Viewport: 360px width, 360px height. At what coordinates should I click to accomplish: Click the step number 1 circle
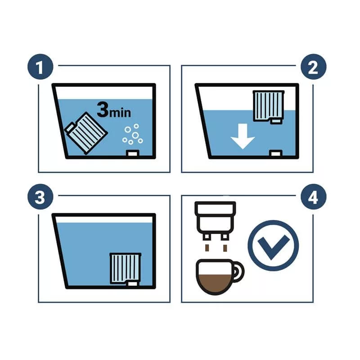point(40,67)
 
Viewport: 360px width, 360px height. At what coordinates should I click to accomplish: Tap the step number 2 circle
point(313,67)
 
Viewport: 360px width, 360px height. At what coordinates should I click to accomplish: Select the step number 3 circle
point(40,197)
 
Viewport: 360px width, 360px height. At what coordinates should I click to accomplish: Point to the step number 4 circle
point(313,197)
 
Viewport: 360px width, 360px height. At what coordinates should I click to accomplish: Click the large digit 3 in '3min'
point(103,109)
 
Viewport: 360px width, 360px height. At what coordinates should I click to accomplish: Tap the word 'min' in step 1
point(120,112)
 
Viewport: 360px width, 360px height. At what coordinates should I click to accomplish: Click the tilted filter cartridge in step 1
point(86,133)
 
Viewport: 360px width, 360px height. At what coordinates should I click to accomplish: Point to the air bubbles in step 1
point(133,134)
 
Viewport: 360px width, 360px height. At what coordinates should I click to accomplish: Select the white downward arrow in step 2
point(243,136)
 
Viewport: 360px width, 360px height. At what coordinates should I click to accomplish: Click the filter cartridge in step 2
point(268,107)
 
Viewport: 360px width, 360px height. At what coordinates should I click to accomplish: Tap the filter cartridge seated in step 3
point(126,269)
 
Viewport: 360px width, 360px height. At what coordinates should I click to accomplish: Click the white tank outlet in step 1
point(133,153)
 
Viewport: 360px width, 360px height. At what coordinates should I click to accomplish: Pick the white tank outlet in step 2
point(276,153)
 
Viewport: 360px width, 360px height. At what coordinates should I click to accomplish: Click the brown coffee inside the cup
point(215,283)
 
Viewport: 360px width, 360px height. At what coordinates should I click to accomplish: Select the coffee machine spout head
point(215,220)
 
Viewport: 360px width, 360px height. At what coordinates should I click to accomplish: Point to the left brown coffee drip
point(207,248)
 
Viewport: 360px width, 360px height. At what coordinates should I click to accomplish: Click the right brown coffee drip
point(225,248)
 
